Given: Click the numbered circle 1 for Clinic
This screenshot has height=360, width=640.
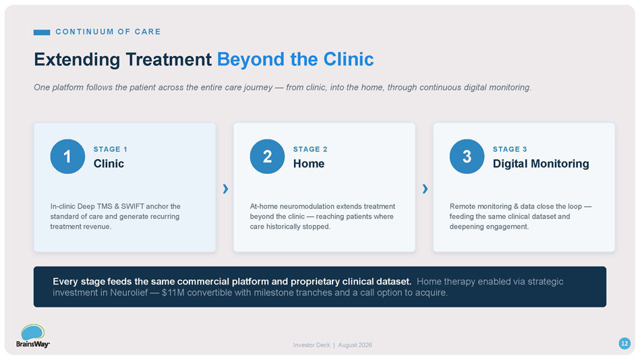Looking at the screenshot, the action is point(67,156).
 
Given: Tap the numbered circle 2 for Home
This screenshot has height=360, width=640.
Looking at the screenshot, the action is point(267,156).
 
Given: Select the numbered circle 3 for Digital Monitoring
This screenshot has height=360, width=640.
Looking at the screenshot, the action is point(467,156).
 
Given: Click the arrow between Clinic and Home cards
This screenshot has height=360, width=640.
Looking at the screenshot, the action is point(225,189).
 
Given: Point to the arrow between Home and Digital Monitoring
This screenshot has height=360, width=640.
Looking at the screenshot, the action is point(425,189).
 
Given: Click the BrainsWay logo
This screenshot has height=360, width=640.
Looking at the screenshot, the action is point(32,336).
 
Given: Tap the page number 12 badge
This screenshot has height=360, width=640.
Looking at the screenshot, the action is point(624,344).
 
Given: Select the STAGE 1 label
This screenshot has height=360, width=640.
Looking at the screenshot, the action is point(110,150).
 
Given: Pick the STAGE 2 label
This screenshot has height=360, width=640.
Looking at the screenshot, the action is point(310,150).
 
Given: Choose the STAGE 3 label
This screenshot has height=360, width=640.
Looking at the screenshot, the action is point(510,150).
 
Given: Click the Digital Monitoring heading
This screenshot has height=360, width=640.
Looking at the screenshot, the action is point(541,164).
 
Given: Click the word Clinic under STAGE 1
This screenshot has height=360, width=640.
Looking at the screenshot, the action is point(109,164).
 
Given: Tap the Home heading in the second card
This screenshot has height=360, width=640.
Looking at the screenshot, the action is point(309,164).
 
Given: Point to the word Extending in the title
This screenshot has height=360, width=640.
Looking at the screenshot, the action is point(77,59).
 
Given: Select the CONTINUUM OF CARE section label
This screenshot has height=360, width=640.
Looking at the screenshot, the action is point(108,32).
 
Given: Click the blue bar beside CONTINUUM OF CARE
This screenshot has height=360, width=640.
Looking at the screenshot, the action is point(42,32).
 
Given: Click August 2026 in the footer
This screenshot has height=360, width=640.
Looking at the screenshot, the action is point(355,345).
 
